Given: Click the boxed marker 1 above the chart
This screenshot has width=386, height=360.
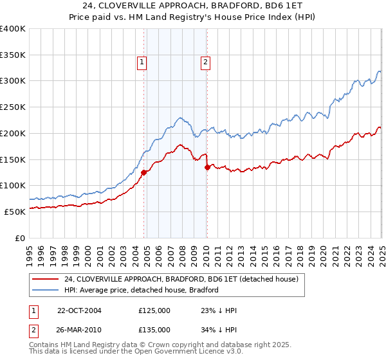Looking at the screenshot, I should pyautogui.click(x=141, y=62).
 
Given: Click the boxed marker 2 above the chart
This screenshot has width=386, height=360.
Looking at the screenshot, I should pyautogui.click(x=205, y=62).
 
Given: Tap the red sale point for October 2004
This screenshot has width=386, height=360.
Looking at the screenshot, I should pyautogui.click(x=144, y=172).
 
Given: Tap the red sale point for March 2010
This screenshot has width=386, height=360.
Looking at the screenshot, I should pyautogui.click(x=207, y=167).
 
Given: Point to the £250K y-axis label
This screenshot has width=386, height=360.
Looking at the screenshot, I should pyautogui.click(x=13, y=107).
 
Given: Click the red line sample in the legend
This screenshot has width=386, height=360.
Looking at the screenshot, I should pyautogui.click(x=44, y=280).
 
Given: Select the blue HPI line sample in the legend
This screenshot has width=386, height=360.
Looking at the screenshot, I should pyautogui.click(x=44, y=291).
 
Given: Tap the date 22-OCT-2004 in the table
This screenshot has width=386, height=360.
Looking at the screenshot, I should pyautogui.click(x=79, y=310).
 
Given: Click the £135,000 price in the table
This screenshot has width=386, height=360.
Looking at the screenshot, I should pyautogui.click(x=154, y=330).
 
